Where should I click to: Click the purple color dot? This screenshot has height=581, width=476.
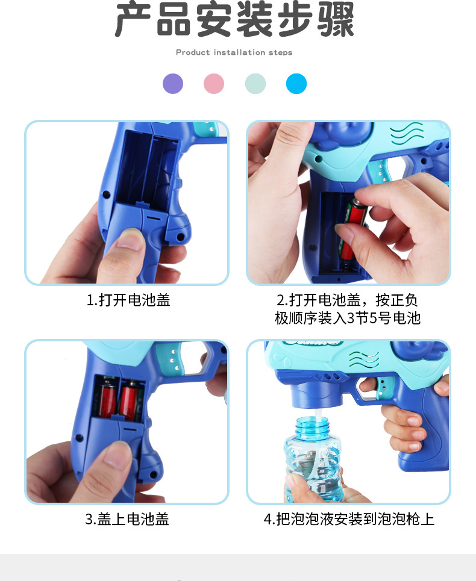point(173,84)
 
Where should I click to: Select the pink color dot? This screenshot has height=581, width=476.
point(214,84)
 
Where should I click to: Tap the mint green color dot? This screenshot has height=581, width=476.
point(255,84)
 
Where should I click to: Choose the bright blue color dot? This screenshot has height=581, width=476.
point(296,84)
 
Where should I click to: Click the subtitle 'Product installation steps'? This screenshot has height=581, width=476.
point(234,52)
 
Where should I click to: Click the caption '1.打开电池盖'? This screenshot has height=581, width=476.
point(128,300)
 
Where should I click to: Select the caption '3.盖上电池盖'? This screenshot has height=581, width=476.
point(127,519)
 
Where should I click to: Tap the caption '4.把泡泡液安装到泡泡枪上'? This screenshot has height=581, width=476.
point(349,519)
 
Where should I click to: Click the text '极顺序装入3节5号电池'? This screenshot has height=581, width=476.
point(348,318)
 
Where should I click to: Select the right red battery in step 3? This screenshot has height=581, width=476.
point(130,400)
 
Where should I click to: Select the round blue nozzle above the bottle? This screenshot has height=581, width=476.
point(314,394)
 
